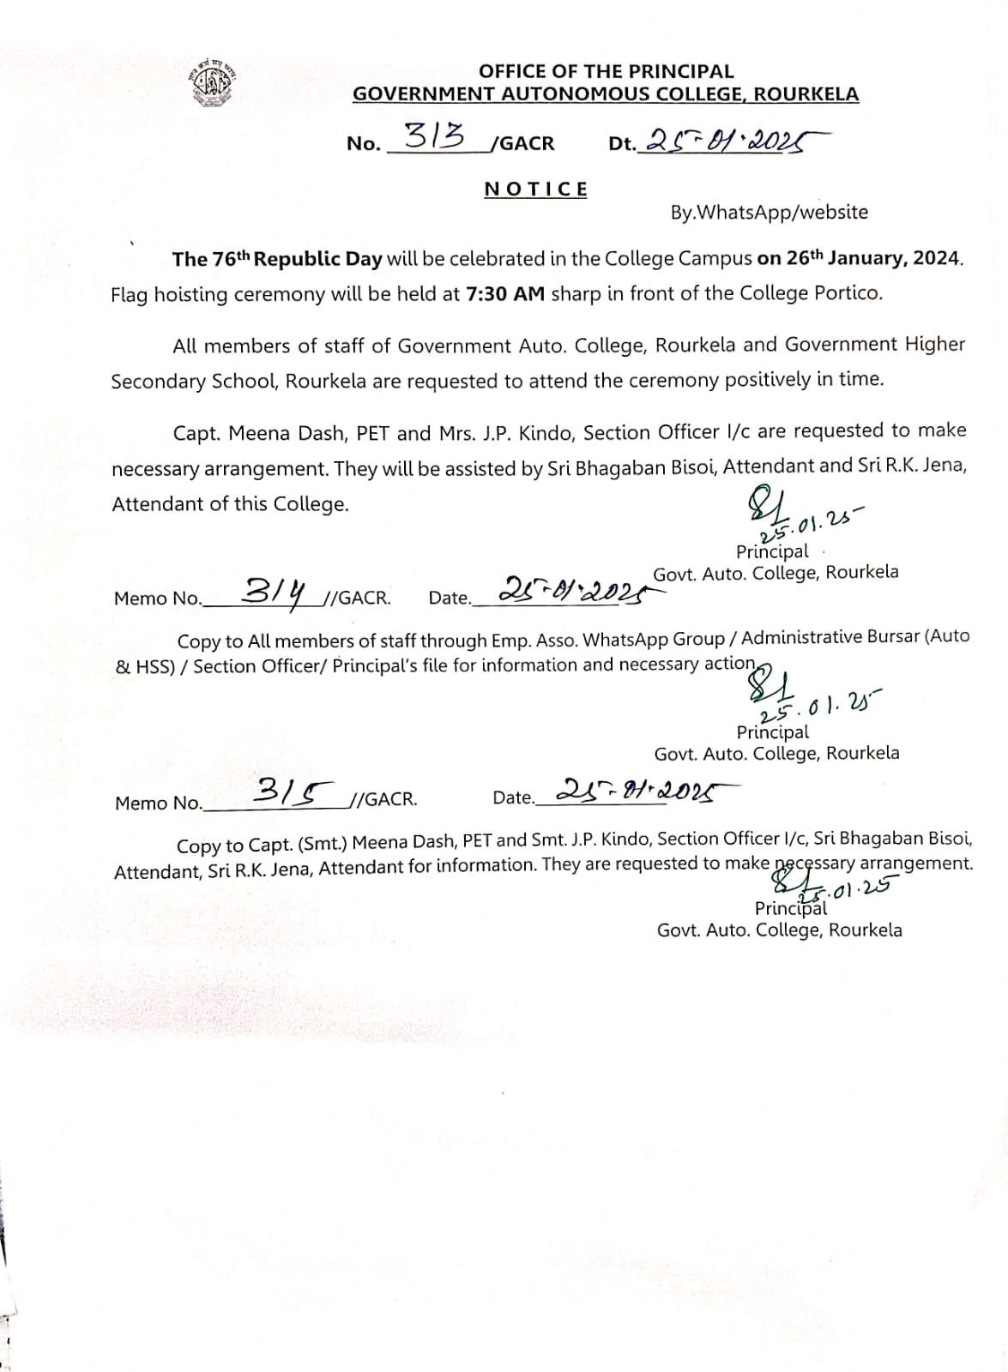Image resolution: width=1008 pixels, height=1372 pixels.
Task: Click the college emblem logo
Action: pos(211,83)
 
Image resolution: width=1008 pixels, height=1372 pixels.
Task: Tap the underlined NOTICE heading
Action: pos(536,190)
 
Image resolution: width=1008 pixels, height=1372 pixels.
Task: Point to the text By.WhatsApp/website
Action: pos(769,212)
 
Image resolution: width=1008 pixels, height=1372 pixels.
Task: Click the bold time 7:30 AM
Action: pos(505,294)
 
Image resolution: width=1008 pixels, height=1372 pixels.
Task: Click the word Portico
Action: pos(848,293)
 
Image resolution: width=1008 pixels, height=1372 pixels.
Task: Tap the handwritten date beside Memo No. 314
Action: pos(570,589)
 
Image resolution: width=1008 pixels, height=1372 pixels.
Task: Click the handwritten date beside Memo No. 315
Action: pos(636,791)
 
